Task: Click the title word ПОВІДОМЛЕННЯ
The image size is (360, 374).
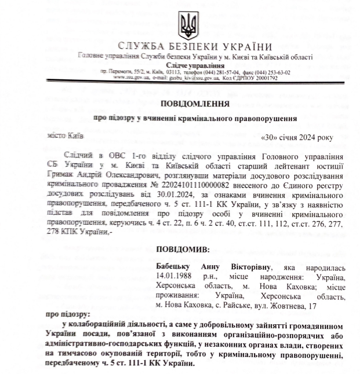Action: pyautogui.click(x=194, y=104)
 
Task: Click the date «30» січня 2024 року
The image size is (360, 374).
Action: pyautogui.click(x=298, y=137)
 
